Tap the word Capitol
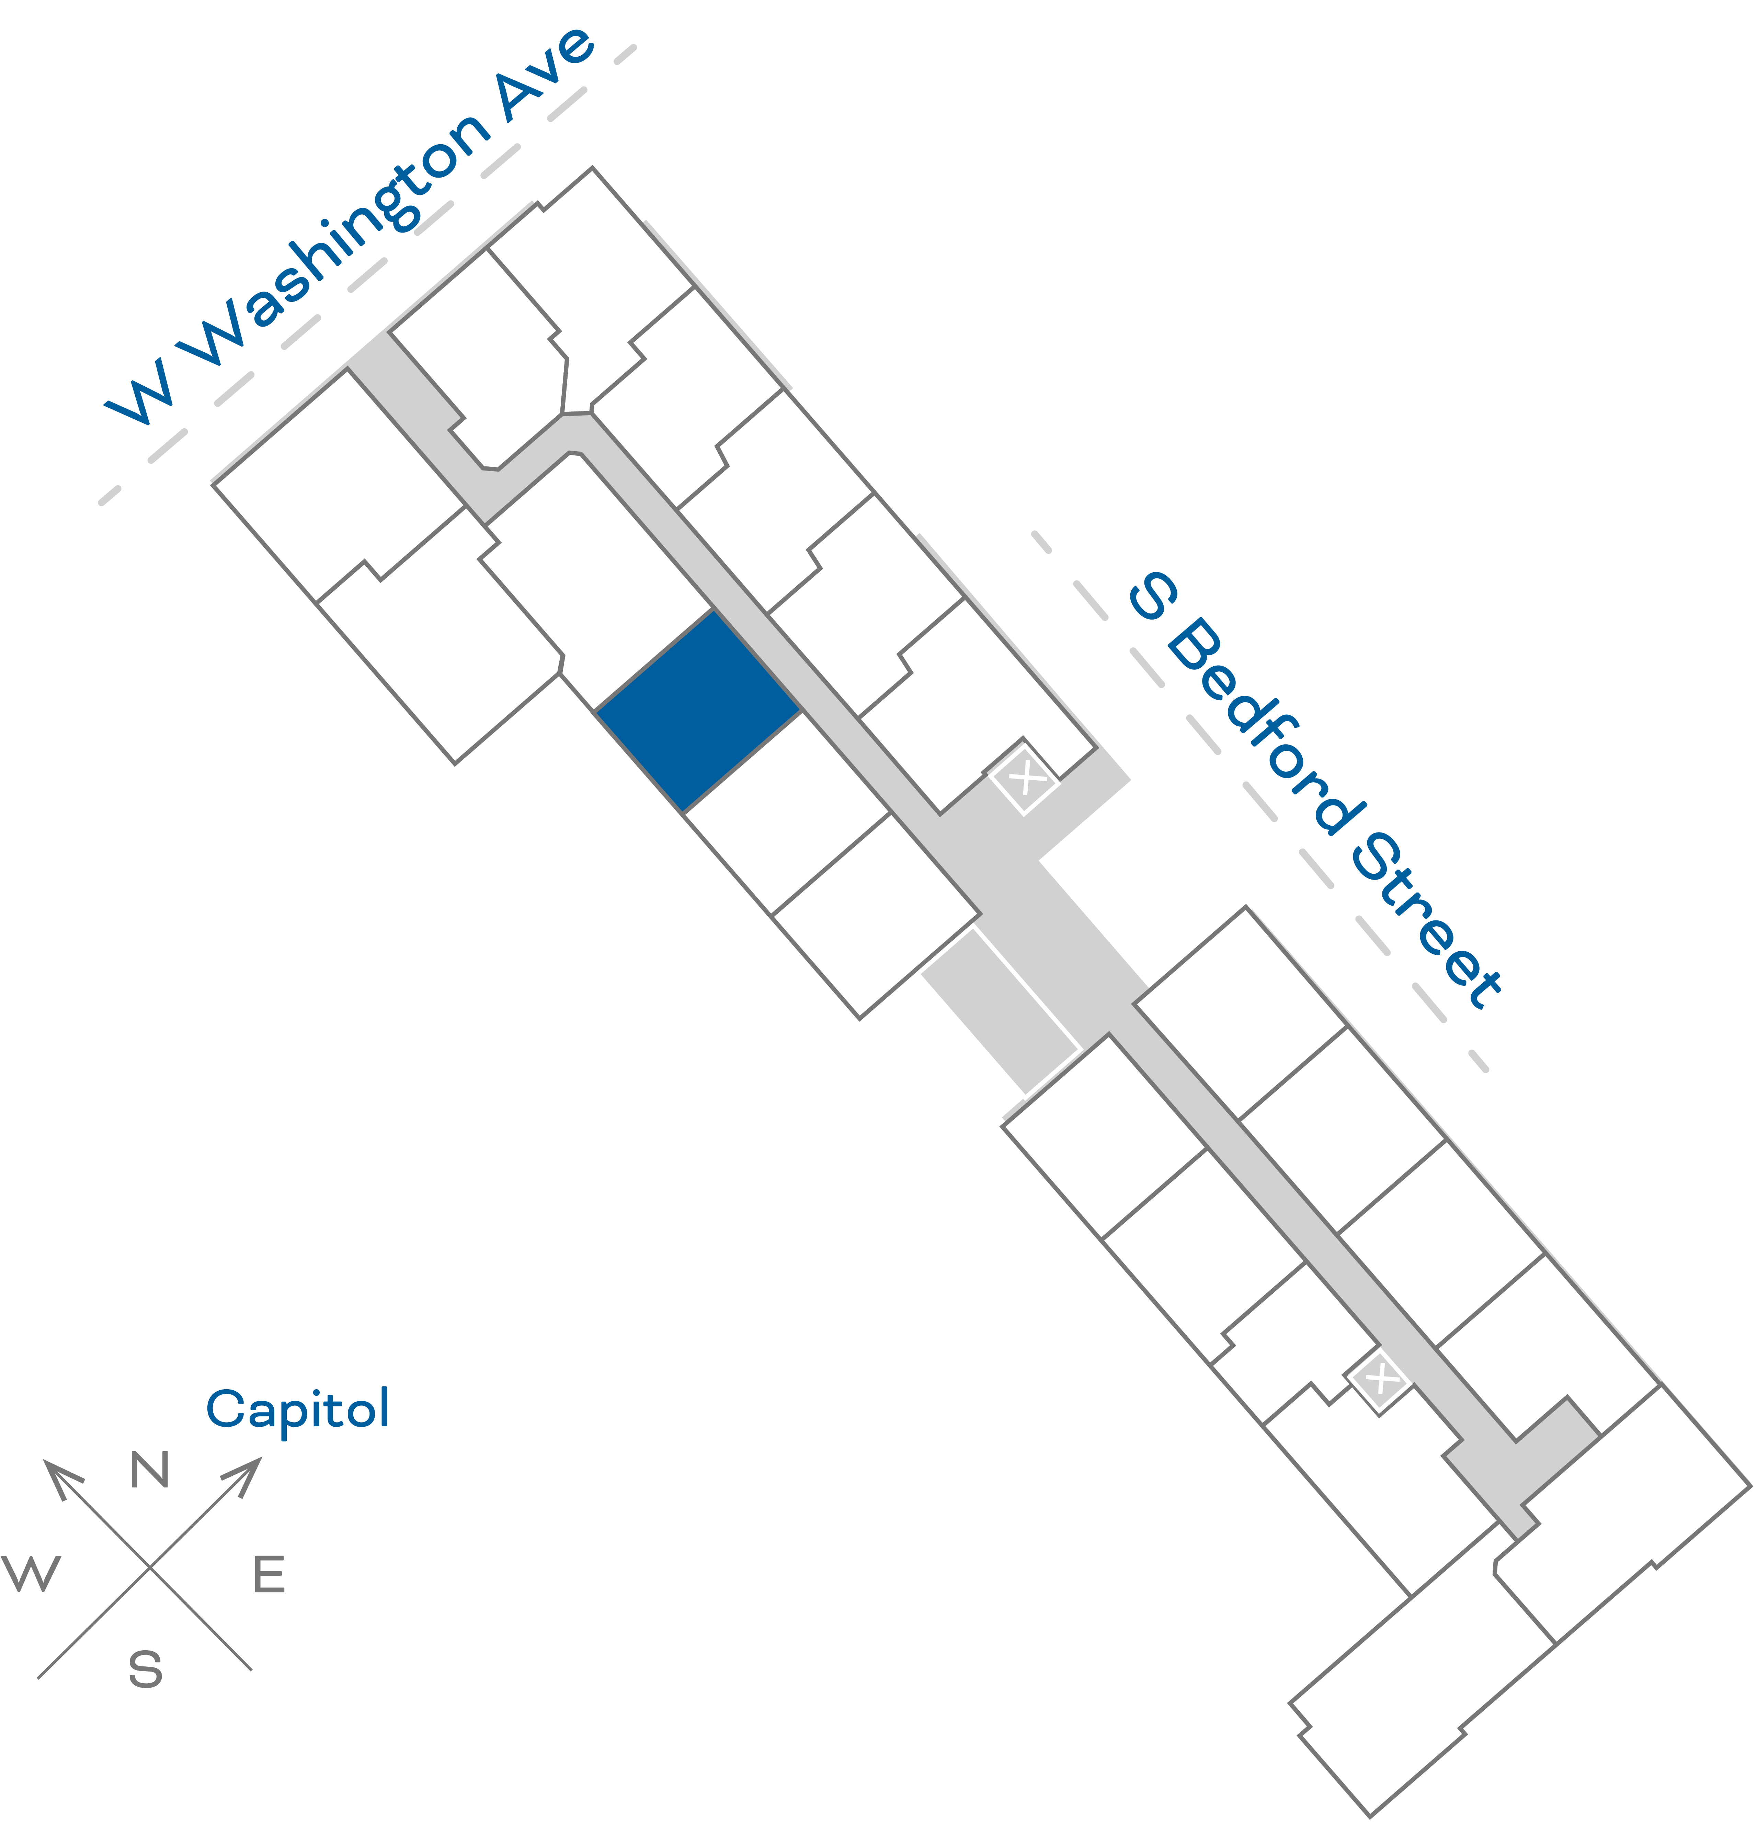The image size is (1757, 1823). tap(298, 1409)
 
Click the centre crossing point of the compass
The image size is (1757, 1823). tap(150, 1567)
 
